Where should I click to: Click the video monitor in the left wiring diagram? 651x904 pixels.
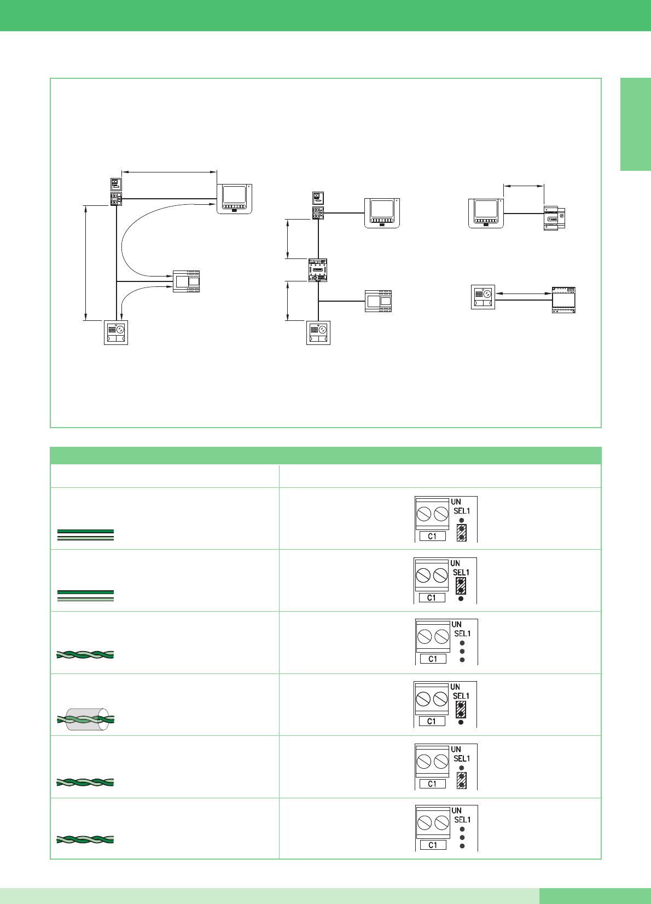(x=234, y=199)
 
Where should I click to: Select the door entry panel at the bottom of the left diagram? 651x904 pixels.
(x=116, y=332)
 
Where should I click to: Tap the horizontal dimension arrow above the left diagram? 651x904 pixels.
(x=169, y=172)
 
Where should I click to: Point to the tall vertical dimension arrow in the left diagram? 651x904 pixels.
(x=85, y=263)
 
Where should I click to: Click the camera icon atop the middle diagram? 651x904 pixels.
(x=318, y=198)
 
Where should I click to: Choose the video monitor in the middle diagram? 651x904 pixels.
(x=382, y=213)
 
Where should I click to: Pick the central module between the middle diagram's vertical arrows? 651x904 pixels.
(x=318, y=270)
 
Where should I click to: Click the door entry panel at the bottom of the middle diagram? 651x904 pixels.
(x=318, y=332)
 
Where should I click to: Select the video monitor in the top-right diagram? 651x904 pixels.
(x=486, y=213)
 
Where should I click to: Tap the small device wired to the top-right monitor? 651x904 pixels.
(x=554, y=218)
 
